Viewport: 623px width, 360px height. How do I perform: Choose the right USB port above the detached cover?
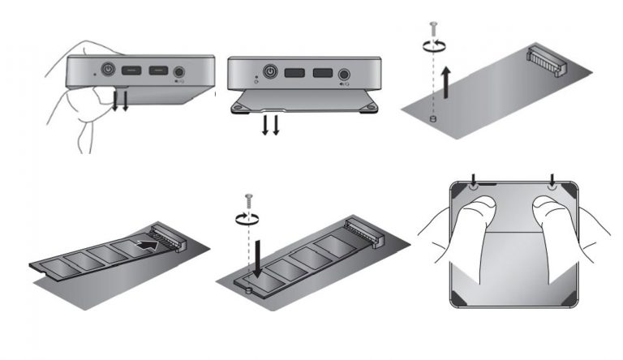tap(320, 72)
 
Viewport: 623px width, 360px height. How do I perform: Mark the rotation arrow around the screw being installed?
tap(249, 217)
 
